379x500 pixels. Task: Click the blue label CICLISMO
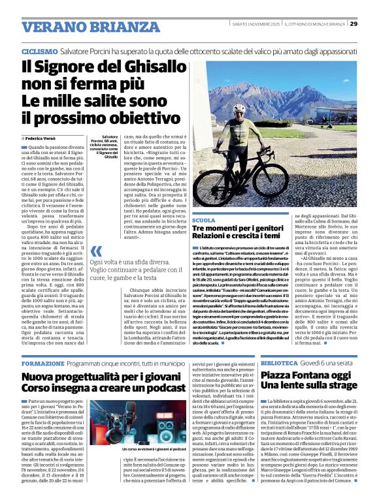(x=39, y=51)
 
